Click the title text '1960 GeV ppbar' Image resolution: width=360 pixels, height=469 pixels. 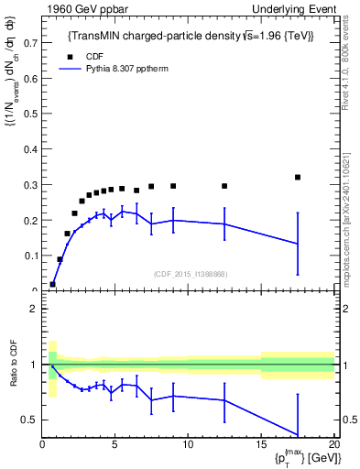point(80,8)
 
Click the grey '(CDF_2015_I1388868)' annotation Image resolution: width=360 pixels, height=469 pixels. point(190,274)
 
